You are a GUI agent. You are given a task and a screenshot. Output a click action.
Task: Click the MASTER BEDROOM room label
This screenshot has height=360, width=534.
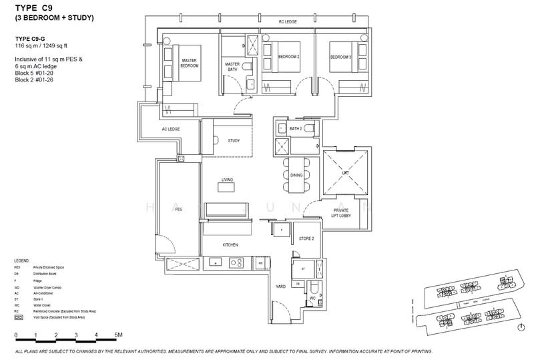193,63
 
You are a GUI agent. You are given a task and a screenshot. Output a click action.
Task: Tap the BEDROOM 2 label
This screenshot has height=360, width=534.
288,57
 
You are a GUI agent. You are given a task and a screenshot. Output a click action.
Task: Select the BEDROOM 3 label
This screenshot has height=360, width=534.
340,57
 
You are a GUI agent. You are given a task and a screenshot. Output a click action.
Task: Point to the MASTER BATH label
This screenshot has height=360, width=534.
232,66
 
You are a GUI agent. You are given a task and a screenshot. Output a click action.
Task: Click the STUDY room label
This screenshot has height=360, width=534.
234,140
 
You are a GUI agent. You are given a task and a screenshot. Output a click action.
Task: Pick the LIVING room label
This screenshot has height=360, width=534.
228,179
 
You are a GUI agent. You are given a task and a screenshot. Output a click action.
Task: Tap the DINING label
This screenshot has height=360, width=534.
296,175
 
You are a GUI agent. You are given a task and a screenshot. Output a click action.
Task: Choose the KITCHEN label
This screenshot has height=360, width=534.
230,245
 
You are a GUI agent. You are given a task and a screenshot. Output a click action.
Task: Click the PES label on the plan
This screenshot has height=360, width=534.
178,209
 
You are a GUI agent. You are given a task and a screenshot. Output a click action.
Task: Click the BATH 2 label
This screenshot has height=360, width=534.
296,128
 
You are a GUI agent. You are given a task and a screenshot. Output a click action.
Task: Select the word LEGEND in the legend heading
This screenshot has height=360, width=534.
23,259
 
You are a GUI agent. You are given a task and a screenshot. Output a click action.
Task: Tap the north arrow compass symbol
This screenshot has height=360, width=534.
520,326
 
